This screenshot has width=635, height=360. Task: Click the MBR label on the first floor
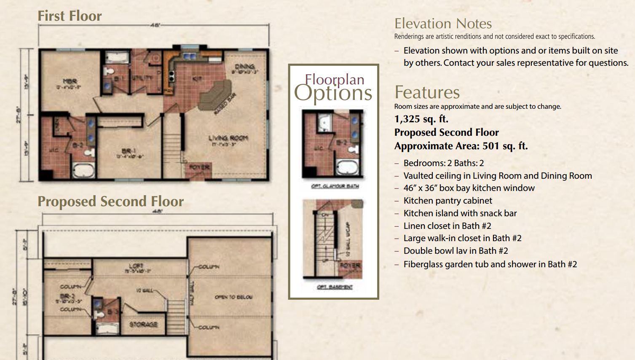pyautogui.click(x=70, y=81)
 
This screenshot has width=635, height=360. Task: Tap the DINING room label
pyautogui.click(x=244, y=67)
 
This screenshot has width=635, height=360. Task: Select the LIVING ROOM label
pyautogui.click(x=228, y=138)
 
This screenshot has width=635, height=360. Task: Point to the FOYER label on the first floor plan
pyautogui.click(x=199, y=167)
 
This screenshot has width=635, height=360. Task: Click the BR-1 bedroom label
pyautogui.click(x=129, y=151)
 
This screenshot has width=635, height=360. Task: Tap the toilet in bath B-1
pyautogui.click(x=108, y=71)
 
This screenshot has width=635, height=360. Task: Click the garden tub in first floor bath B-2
pyautogui.click(x=84, y=170)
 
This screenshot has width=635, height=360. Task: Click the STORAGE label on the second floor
pyautogui.click(x=143, y=324)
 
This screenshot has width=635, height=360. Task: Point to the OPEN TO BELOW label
pyautogui.click(x=233, y=297)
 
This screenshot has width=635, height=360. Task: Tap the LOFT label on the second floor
pyautogui.click(x=136, y=266)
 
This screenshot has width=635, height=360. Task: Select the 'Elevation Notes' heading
pyautogui.click(x=443, y=24)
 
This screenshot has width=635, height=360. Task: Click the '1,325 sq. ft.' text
pyautogui.click(x=421, y=119)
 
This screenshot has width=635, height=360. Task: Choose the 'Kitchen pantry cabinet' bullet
pyautogui.click(x=447, y=201)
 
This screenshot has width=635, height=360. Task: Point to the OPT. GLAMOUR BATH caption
pyautogui.click(x=335, y=186)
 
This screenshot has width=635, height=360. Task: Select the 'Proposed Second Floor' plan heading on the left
pyautogui.click(x=110, y=201)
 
